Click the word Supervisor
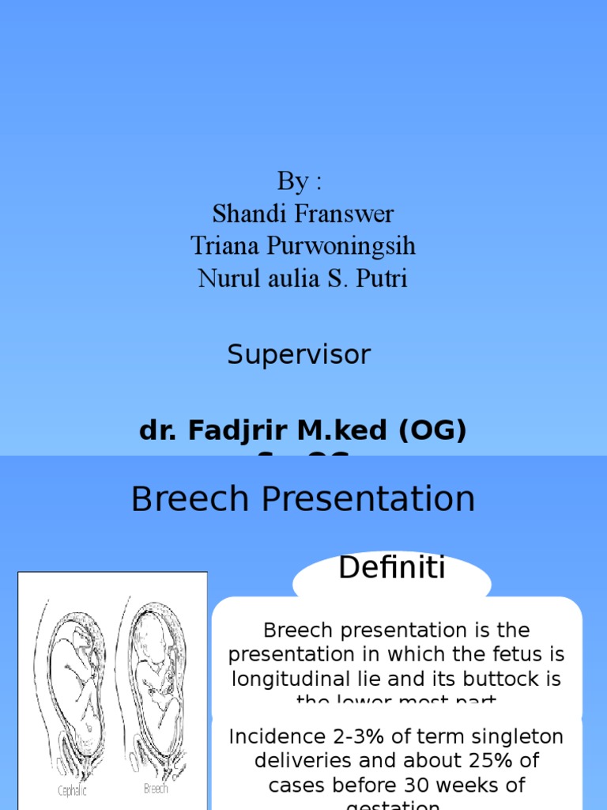(x=299, y=355)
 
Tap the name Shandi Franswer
(x=303, y=214)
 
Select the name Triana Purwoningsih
(x=303, y=246)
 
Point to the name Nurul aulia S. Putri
(x=303, y=278)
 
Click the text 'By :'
(x=300, y=181)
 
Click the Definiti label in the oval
(x=392, y=568)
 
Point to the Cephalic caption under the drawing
(x=72, y=791)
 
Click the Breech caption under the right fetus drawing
(x=156, y=789)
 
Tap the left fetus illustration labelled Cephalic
(x=73, y=696)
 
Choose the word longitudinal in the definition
(x=287, y=679)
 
